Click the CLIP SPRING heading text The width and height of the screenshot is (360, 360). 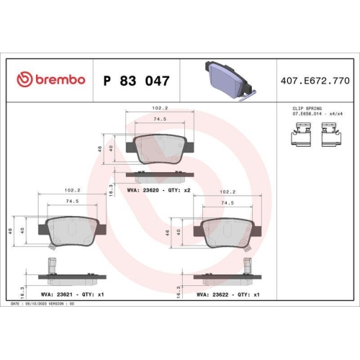coord(297,107)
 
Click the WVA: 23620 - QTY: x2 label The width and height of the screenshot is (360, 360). coord(158,190)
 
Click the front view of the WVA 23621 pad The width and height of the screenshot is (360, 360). coord(71,232)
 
